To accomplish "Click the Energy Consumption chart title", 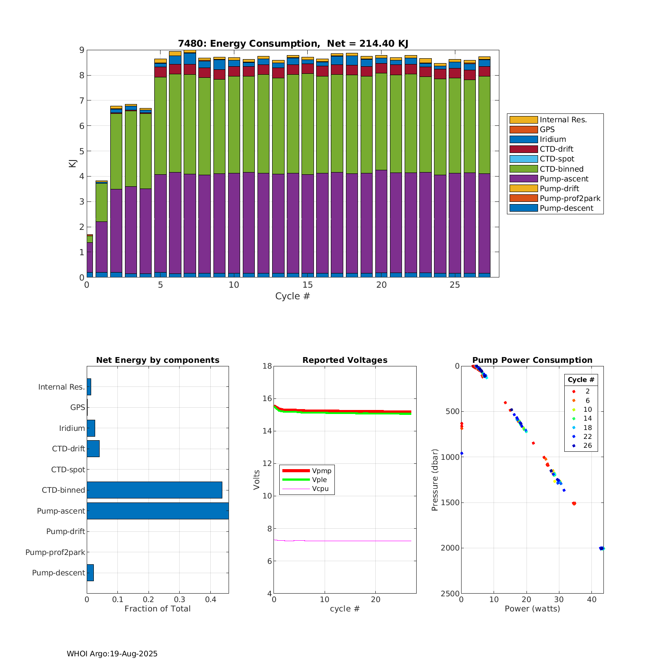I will (x=293, y=44).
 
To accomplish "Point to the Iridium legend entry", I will (x=553, y=139).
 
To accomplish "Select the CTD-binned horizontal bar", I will (x=154, y=490).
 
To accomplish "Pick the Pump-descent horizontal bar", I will (x=90, y=573).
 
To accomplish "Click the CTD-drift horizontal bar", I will (x=93, y=449).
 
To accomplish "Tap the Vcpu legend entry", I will (x=320, y=489).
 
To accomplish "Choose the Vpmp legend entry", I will (x=321, y=471).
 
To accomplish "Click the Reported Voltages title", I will (x=345, y=360).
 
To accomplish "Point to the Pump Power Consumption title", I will (x=532, y=360).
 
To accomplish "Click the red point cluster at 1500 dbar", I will (x=574, y=503).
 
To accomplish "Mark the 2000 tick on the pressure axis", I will (x=450, y=548).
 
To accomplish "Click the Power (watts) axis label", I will (x=532, y=609).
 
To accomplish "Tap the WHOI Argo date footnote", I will (x=112, y=654).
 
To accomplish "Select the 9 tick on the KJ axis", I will (x=81, y=50).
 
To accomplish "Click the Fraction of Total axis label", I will (x=157, y=609).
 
